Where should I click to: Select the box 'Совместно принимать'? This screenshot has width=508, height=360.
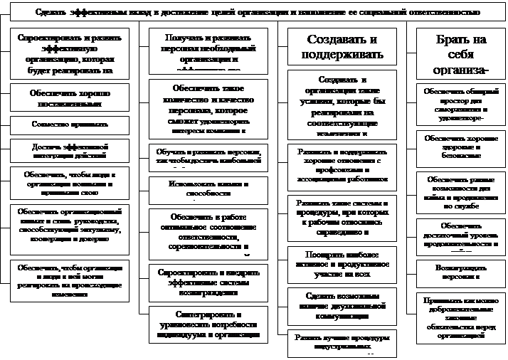[x=69, y=124]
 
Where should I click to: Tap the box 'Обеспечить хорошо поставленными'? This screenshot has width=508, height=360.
[x=69, y=97]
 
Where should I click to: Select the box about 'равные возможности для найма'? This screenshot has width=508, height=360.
[x=461, y=191]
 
